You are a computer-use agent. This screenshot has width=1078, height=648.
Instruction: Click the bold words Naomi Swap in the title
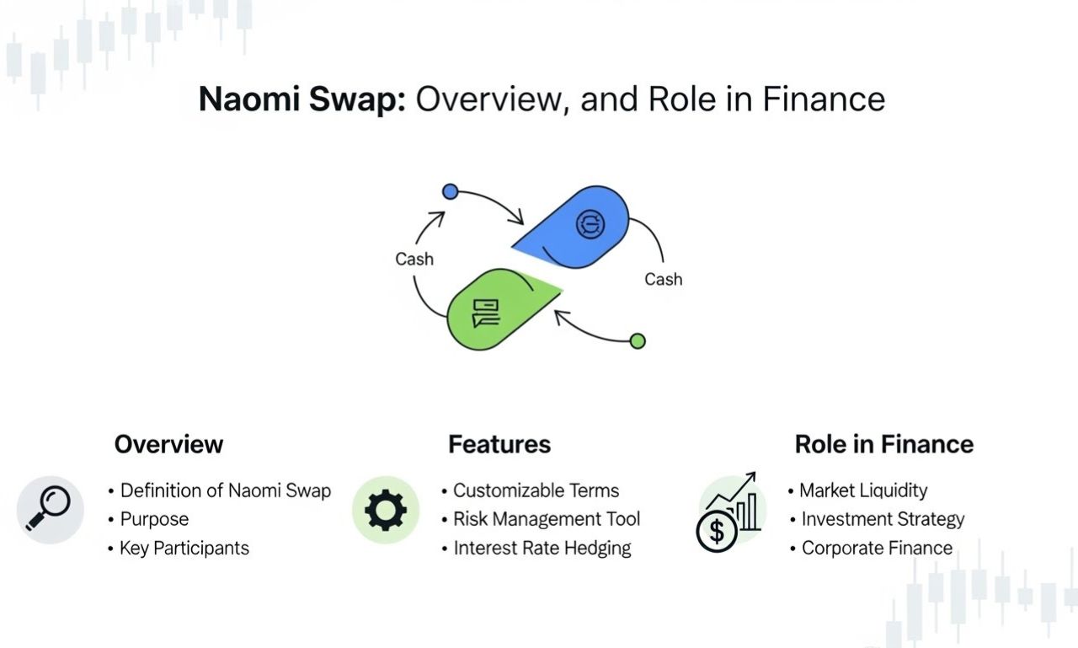point(302,99)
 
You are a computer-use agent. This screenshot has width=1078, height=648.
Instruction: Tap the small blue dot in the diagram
point(450,191)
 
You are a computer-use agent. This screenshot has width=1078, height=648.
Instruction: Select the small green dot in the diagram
point(638,340)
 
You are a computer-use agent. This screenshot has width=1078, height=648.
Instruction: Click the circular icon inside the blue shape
point(590,224)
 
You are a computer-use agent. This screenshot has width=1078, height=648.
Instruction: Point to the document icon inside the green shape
point(486,313)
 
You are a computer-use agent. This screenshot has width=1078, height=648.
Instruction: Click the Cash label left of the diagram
point(414,259)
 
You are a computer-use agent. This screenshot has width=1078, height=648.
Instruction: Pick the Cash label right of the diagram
point(663,279)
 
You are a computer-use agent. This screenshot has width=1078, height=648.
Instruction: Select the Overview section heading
point(168,444)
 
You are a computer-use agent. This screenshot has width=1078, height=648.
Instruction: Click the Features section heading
point(499,444)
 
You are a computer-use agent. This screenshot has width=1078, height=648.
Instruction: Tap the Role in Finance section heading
point(884,444)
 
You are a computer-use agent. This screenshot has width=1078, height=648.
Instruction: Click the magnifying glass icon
point(49,508)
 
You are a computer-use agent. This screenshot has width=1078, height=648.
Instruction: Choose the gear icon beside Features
point(386,510)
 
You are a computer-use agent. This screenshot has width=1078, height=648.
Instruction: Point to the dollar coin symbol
point(717,532)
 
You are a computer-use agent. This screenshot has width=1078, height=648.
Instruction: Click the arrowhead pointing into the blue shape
point(517,217)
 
